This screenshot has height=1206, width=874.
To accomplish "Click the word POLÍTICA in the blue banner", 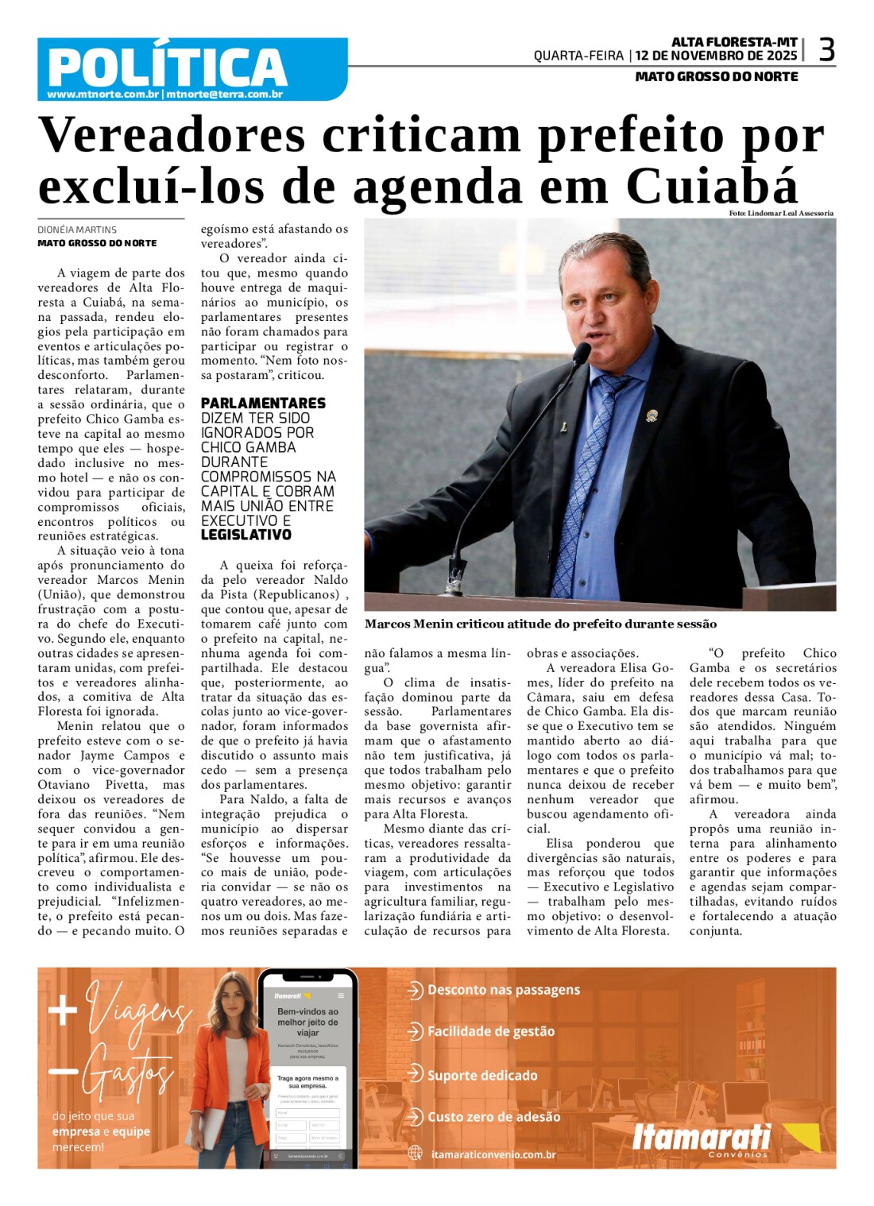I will coord(167,67).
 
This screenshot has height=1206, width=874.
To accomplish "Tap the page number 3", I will coord(826,50).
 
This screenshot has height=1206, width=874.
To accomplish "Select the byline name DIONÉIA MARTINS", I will coord(77,230).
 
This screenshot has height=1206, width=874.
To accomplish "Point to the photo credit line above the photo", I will coord(781,213).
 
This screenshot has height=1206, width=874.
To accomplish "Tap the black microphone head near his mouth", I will coord(582,352).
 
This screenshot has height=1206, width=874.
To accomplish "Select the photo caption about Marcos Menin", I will coord(540,624).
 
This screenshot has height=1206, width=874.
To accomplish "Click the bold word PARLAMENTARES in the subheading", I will coord(263,404).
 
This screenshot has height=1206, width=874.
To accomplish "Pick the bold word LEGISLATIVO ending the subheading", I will coord(246,535).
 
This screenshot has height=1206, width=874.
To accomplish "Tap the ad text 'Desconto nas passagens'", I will coord(503,990).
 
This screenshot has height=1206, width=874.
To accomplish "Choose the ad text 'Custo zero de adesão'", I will coord(493,1117).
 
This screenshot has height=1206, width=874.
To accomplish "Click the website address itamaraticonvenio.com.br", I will coord(493,1154).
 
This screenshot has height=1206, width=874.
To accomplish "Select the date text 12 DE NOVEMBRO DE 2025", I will coord(716,56).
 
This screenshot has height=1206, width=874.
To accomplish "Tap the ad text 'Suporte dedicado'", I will coord(482,1076).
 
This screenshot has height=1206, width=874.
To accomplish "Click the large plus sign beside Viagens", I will coord(63,1011).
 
